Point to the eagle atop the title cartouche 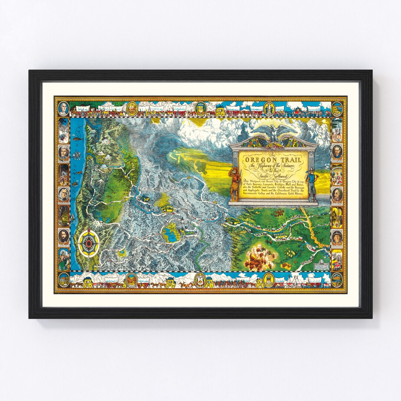pyautogui.click(x=274, y=131)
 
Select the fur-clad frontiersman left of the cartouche pyautogui.click(x=235, y=184)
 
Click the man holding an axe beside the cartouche pyautogui.click(x=311, y=184)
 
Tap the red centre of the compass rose pyautogui.click(x=89, y=243)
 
